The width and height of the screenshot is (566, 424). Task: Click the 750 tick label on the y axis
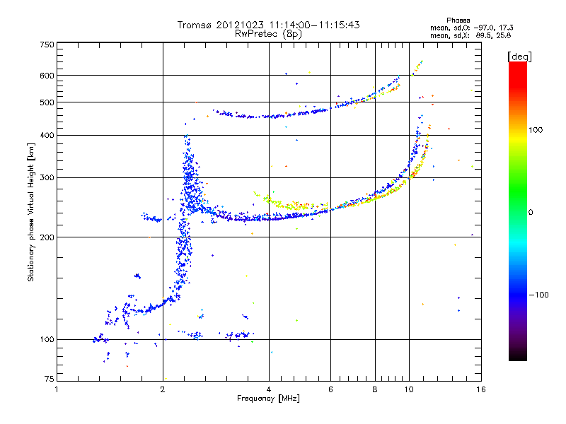[x=47, y=45]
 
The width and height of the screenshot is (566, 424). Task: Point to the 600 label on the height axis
[x=47, y=76]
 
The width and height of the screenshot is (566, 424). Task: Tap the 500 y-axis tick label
[x=47, y=102]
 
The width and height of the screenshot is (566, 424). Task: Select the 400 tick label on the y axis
[x=47, y=136]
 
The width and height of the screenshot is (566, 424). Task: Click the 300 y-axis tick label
[x=47, y=178]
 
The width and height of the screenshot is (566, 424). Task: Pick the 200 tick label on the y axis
[x=47, y=237]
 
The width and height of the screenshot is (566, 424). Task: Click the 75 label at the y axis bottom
[x=50, y=379]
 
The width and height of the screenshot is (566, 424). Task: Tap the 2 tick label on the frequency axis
[x=163, y=389]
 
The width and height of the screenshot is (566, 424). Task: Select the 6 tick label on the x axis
[x=330, y=389]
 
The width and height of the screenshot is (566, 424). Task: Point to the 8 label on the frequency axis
[x=375, y=389]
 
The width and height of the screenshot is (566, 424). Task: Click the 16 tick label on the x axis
[x=481, y=389]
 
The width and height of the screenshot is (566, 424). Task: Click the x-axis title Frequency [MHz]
[x=268, y=399]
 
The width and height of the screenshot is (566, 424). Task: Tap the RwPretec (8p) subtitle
[x=268, y=34]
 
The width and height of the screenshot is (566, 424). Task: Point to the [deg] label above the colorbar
[x=519, y=57]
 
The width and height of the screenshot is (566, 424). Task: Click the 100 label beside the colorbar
[x=536, y=130]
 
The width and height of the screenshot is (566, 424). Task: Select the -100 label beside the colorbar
[x=538, y=295]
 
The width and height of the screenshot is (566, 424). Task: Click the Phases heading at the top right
[x=458, y=20]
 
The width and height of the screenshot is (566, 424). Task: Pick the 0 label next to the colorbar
[x=531, y=213]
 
